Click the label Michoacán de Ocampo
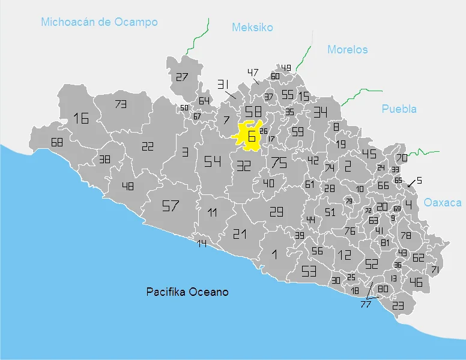99,22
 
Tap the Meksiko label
252,28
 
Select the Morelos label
347,50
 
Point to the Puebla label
399,109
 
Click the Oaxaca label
443,203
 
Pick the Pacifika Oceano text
187,292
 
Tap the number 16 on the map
81,118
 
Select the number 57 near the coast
171,206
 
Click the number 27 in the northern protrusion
182,77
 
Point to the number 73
121,104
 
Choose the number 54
212,161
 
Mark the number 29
276,211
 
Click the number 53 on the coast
309,271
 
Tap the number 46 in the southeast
416,282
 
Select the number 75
279,162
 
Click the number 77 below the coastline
365,305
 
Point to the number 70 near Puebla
401,158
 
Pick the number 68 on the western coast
57,143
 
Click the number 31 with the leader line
223,84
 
